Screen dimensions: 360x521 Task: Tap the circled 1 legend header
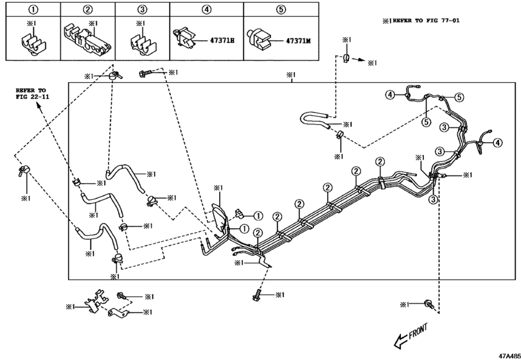[x=32, y=9]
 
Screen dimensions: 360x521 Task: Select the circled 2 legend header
[x=88, y=9]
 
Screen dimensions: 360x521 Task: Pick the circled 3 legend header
[x=143, y=9]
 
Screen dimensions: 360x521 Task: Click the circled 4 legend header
[x=206, y=9]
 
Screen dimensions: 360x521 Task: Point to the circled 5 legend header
[x=280, y=9]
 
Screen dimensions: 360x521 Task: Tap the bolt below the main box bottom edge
[x=258, y=296]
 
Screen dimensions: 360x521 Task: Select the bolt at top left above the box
[x=144, y=74]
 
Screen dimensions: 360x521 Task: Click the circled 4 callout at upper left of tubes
[x=389, y=95]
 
